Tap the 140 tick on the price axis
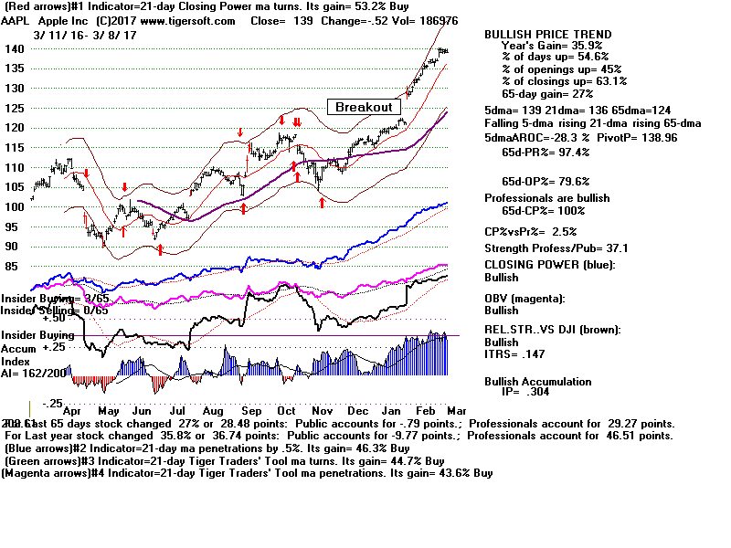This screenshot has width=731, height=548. point(14,48)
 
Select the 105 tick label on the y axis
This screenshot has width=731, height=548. point(14,187)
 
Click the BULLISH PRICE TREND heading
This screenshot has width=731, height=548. point(548,34)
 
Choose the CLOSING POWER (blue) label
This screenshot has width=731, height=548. point(549,266)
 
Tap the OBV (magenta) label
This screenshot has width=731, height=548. point(526,298)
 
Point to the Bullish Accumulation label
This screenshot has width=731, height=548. point(537,381)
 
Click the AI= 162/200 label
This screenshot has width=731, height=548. point(32,373)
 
